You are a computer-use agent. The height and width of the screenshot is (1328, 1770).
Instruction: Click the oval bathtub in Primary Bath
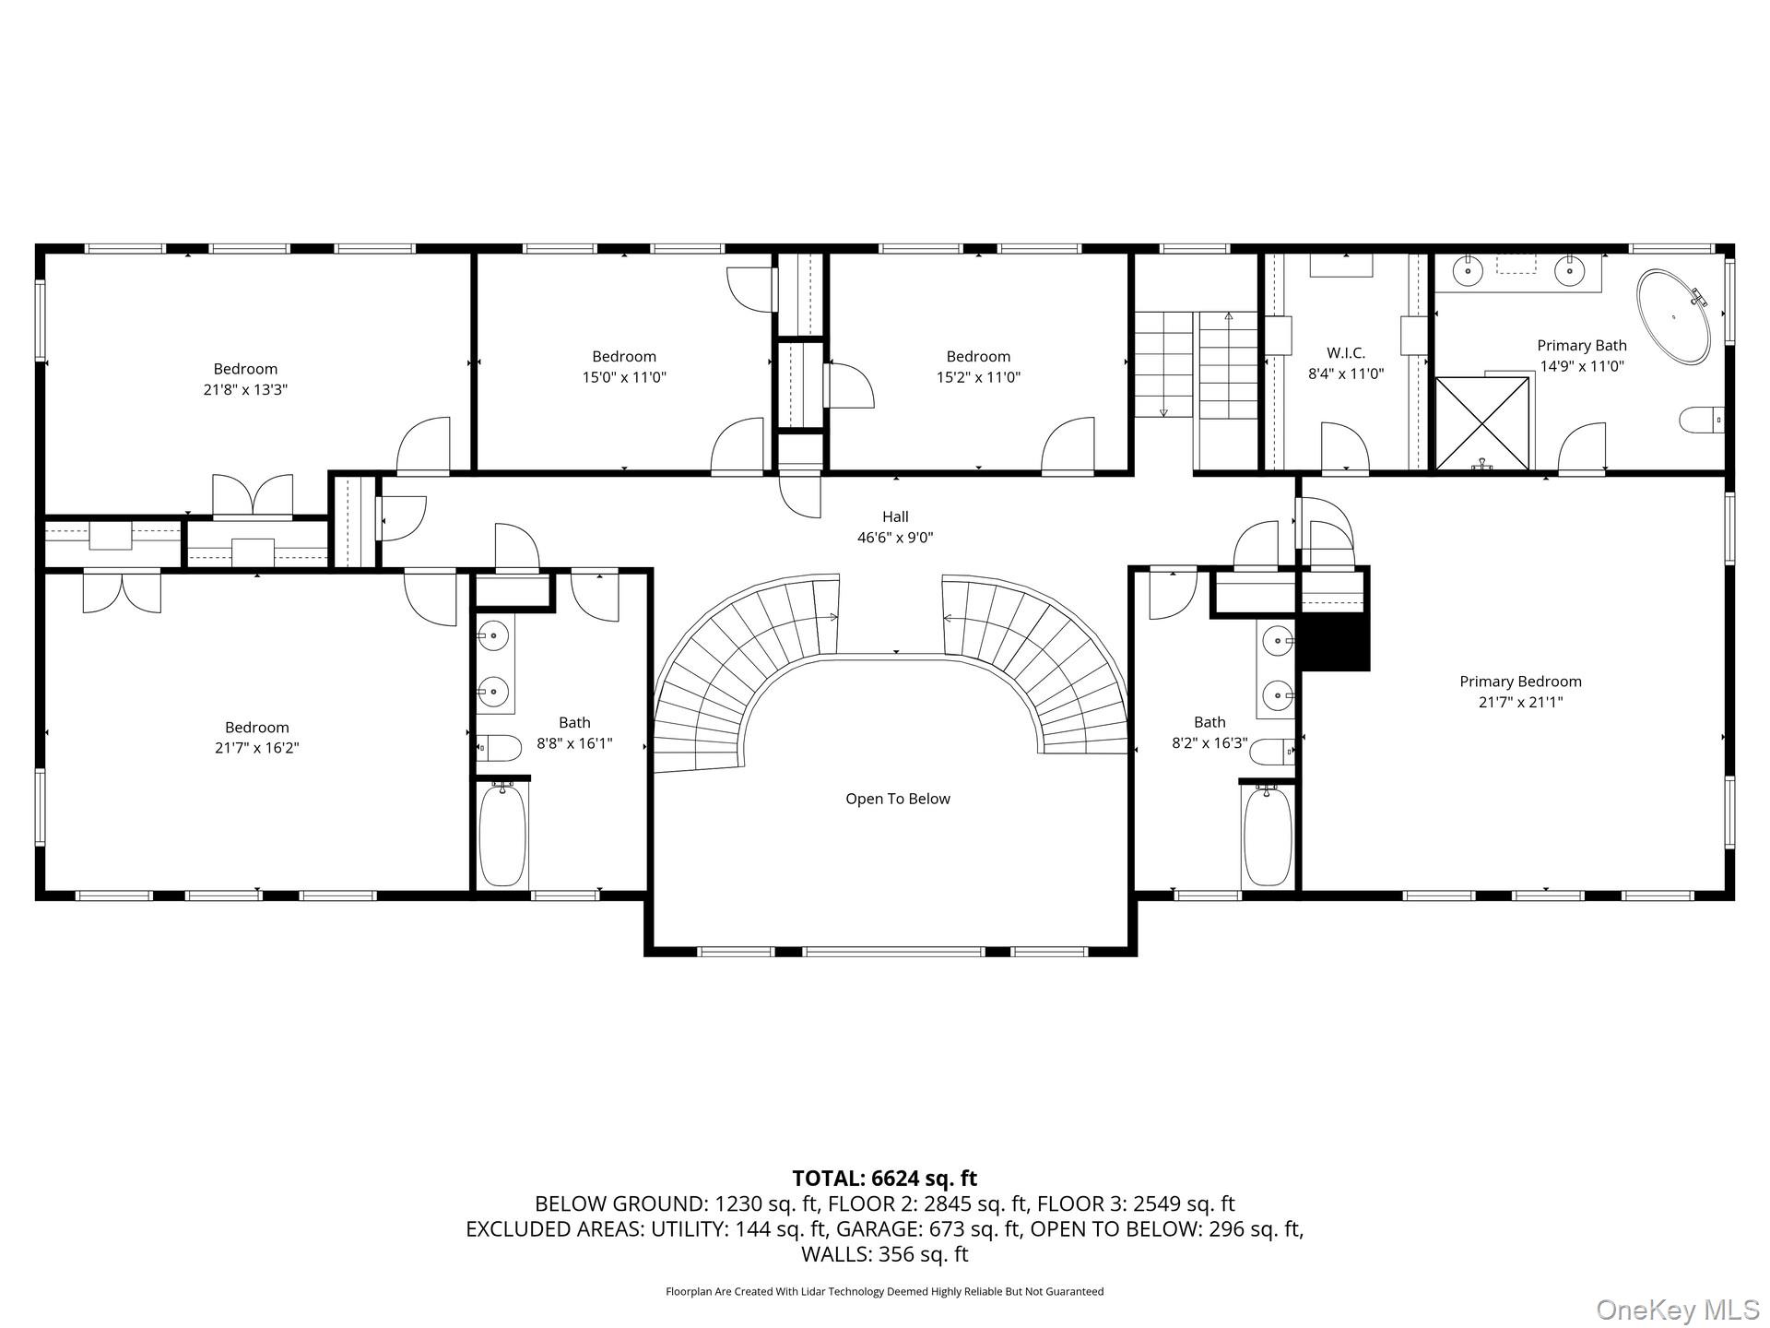(x=1673, y=316)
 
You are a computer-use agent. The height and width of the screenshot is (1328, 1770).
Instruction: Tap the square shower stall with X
(x=1482, y=423)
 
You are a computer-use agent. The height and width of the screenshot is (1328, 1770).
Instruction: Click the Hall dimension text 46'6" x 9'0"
(x=895, y=538)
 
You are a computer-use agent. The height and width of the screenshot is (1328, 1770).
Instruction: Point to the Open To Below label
(x=898, y=799)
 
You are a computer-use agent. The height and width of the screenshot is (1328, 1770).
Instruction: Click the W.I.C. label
(x=1346, y=353)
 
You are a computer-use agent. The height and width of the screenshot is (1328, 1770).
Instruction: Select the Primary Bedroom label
(x=1520, y=682)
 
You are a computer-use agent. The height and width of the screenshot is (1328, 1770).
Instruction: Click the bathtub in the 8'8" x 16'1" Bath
(x=502, y=835)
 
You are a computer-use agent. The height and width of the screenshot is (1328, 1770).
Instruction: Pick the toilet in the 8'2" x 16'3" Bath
(x=1272, y=753)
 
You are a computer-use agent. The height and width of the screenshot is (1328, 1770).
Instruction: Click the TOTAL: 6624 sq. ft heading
(x=884, y=1179)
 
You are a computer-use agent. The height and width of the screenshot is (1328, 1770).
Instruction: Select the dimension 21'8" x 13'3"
(x=245, y=390)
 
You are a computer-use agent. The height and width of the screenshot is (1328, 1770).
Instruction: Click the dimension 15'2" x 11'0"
(x=978, y=377)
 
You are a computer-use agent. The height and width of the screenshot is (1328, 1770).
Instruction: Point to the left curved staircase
(x=737, y=664)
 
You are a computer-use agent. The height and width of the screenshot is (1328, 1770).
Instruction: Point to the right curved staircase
(x=1051, y=664)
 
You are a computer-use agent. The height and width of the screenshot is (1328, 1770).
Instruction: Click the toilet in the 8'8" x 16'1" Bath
(x=499, y=747)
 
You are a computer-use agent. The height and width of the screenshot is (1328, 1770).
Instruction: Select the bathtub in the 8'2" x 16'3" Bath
(x=1268, y=836)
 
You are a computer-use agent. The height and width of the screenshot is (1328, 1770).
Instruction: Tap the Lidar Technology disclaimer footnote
(x=884, y=1292)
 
